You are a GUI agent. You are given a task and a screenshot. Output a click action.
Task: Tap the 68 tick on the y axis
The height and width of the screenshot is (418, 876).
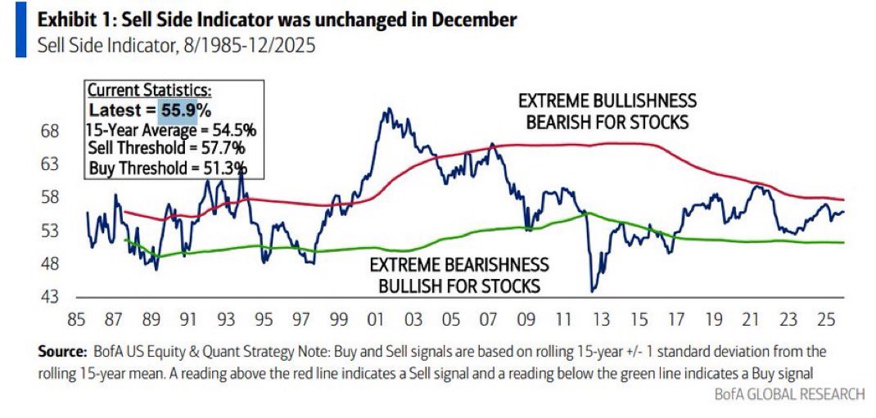point(50,131)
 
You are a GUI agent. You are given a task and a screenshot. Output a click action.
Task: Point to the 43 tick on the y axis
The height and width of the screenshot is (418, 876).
point(50,296)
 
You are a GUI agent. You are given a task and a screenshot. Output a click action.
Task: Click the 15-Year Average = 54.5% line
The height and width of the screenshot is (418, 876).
point(170,129)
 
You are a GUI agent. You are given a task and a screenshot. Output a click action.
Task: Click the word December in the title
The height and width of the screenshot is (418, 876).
point(477,20)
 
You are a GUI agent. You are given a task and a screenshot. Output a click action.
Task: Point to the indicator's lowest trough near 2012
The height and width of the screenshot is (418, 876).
point(593,290)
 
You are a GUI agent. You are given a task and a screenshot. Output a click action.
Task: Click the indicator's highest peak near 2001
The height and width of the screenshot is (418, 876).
point(385,109)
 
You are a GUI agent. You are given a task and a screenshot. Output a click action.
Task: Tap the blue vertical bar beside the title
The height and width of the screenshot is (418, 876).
point(20,30)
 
